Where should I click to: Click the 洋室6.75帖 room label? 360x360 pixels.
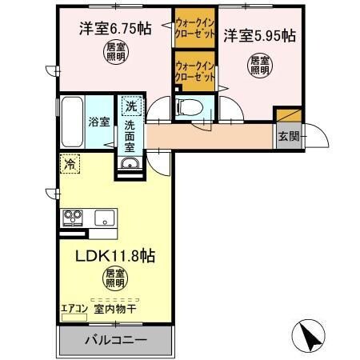coord(114,29)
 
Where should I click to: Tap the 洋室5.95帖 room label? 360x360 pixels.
coord(258,36)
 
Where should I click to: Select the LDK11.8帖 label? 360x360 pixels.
coord(114,257)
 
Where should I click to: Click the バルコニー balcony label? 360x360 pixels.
coord(114,340)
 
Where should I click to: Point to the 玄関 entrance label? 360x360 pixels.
coord(288,136)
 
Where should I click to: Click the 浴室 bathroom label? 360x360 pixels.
coord(98,123)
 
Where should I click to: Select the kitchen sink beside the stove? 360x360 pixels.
coord(104,216)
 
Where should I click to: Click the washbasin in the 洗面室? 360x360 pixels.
coord(130,165)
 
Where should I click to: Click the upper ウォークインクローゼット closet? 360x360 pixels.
coord(194,27)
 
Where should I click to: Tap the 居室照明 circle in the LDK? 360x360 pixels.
coord(114,279)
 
